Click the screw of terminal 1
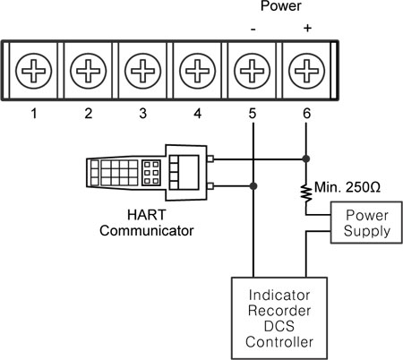click(34, 68)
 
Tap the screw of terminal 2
click(89, 68)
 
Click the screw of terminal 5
click(253, 68)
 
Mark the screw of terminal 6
click(307, 68)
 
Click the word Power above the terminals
click(279, 7)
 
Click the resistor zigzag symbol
click(307, 191)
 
